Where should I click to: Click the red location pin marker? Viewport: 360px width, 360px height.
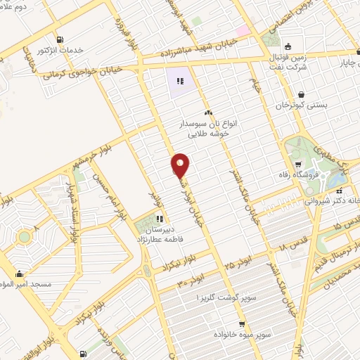click(180, 166)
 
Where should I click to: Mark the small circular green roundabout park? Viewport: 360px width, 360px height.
click(25, 237)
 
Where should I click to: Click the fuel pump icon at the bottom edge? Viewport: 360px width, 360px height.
click(84, 354)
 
